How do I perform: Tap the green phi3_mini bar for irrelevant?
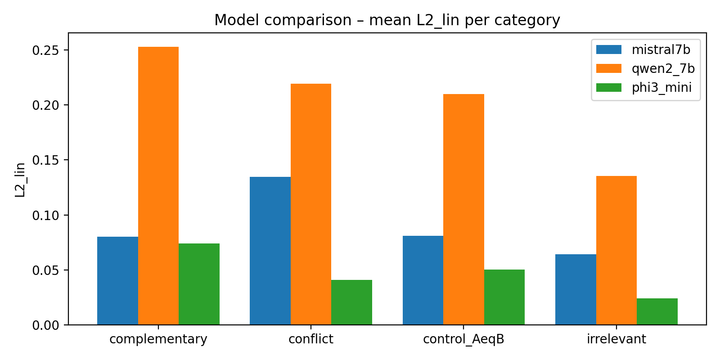coord(657,311)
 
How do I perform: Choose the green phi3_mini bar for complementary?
coord(199,284)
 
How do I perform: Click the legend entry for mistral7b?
coord(661,49)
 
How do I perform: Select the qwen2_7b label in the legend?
coord(663,68)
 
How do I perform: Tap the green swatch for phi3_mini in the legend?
coord(608,87)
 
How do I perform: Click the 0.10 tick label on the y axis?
coord(45,215)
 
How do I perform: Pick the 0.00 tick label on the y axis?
coord(45,325)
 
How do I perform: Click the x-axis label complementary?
coord(158,339)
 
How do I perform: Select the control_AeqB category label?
coord(463,339)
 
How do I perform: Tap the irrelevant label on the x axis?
coord(616,339)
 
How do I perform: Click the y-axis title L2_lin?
coord(20,180)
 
